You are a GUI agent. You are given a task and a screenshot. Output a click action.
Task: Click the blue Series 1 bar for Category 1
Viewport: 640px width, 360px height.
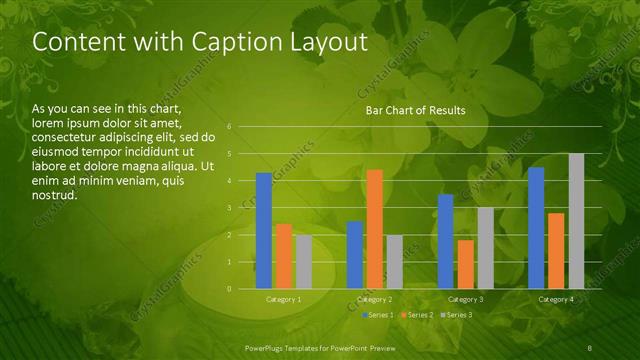click(x=263, y=231)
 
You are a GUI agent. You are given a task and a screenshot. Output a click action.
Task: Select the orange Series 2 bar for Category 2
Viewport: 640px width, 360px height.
click(x=374, y=229)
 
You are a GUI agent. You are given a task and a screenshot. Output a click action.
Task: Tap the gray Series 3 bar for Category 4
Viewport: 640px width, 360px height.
click(x=576, y=221)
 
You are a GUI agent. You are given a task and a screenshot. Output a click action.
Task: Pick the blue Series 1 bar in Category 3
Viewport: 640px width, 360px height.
click(x=445, y=241)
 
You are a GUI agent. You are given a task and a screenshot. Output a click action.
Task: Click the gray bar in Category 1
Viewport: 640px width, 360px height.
click(x=303, y=262)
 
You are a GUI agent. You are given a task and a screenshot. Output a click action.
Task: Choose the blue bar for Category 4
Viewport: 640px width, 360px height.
click(x=536, y=228)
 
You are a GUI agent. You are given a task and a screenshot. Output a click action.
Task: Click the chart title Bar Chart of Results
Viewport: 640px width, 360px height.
click(x=415, y=110)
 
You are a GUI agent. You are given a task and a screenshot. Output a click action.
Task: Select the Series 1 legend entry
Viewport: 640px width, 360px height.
click(x=379, y=315)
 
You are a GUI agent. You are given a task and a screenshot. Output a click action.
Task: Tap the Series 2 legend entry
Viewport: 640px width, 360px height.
click(x=418, y=315)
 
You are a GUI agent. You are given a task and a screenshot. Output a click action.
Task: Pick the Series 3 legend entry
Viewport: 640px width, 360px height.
click(x=457, y=315)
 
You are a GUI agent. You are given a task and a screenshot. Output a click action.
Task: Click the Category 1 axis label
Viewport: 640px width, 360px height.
click(x=284, y=299)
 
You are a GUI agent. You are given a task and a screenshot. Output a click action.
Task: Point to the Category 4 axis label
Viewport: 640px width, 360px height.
click(x=556, y=299)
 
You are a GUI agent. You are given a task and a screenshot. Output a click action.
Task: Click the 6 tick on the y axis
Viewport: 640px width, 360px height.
click(x=230, y=127)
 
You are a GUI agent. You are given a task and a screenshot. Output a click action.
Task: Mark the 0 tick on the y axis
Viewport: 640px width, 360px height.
click(x=230, y=289)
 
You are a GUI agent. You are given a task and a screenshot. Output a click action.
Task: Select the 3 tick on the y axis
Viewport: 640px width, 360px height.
click(x=230, y=208)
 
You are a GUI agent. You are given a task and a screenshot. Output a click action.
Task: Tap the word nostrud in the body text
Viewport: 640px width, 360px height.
click(x=55, y=194)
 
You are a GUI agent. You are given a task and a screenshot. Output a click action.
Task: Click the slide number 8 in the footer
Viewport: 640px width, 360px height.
click(x=590, y=346)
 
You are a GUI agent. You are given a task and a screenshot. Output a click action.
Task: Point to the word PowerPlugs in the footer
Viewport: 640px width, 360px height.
click(x=268, y=346)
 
